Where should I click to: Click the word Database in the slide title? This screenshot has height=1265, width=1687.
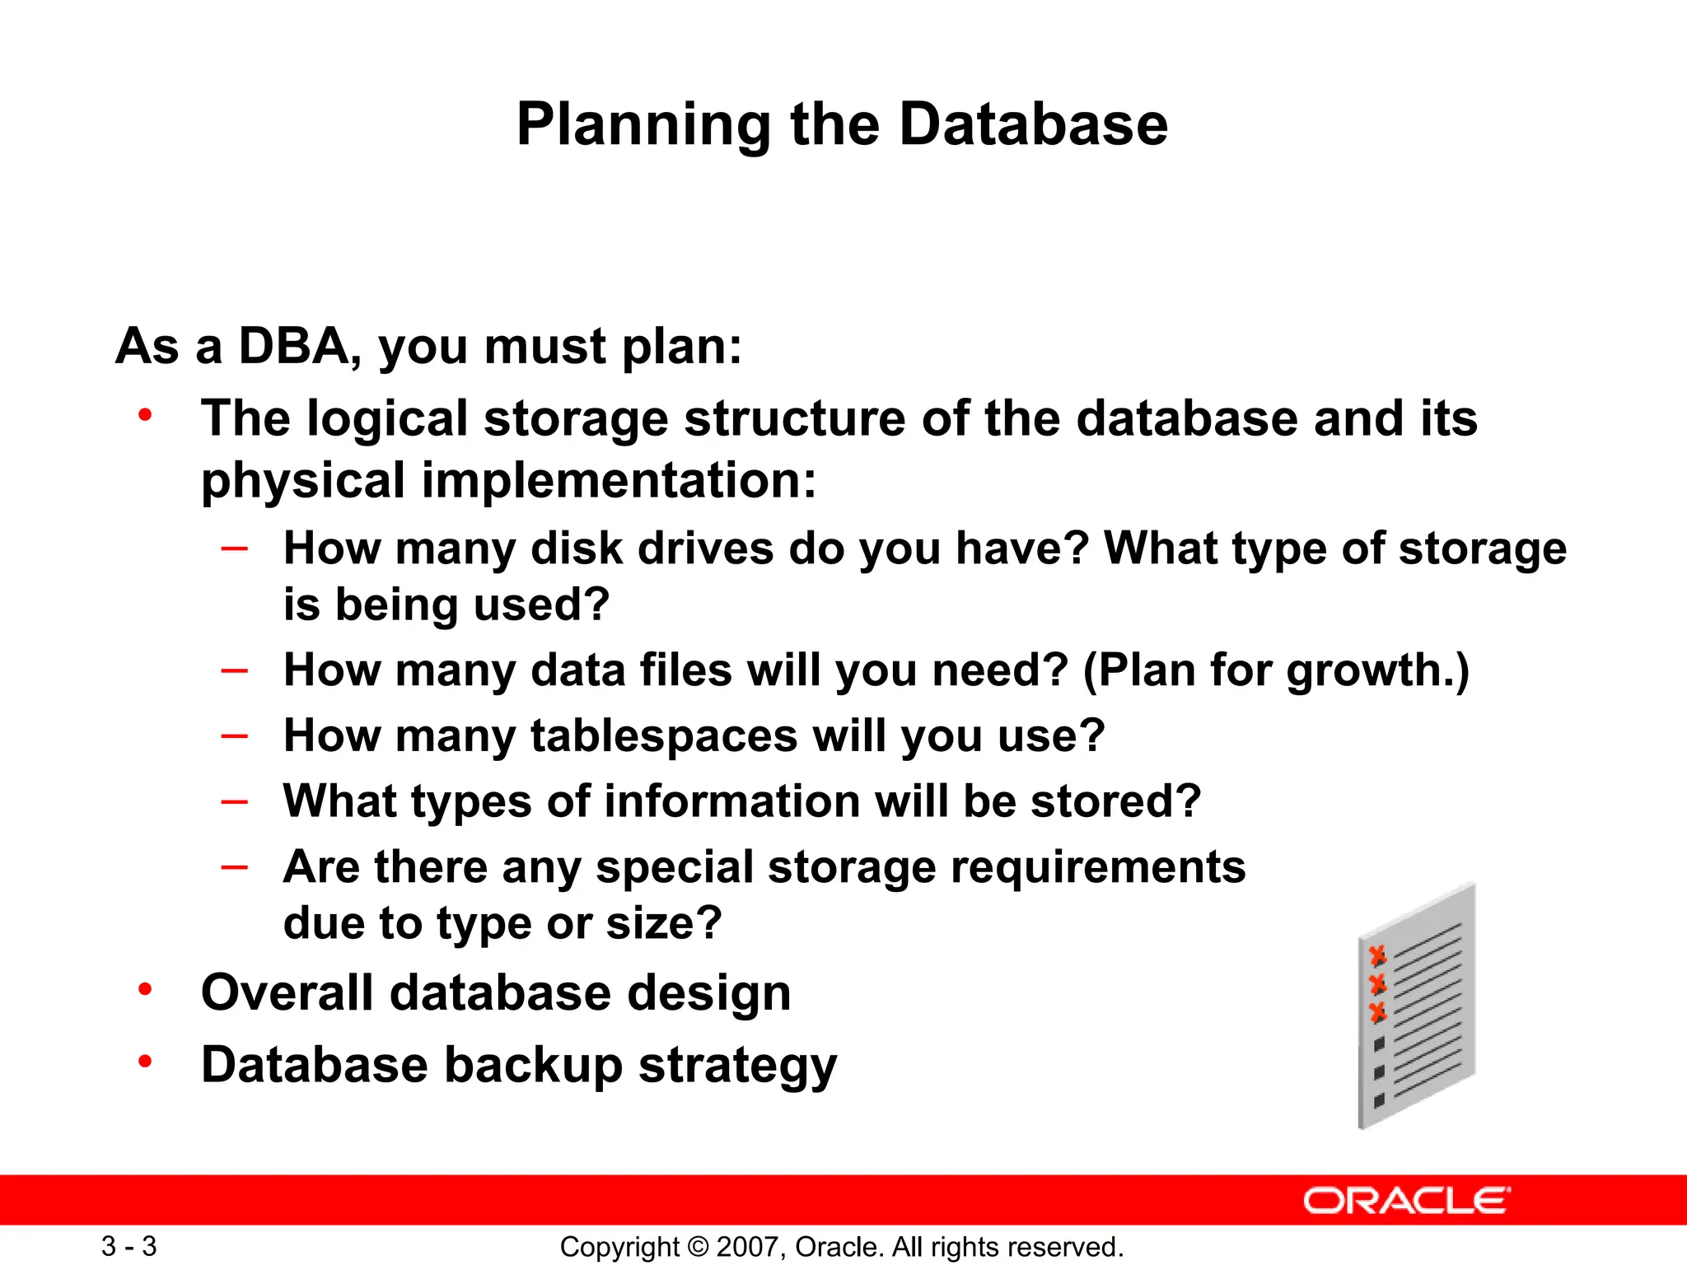pos(1033,125)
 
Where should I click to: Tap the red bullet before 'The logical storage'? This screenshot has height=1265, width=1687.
pos(146,414)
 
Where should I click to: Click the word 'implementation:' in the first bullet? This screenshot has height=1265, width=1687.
pos(619,480)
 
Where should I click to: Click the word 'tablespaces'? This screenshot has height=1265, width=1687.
pos(664,735)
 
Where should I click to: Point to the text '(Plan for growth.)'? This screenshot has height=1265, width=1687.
pos(1276,670)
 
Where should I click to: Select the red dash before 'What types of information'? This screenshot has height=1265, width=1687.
pos(235,801)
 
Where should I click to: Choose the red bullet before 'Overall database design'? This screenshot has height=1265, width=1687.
pos(146,989)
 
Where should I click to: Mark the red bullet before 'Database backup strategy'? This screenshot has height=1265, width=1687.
pos(146,1062)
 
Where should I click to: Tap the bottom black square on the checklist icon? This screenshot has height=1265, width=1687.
pos(1379,1100)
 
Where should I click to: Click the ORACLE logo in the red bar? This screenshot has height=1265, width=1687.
pos(1406,1201)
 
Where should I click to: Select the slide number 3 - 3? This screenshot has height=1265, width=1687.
pos(129,1246)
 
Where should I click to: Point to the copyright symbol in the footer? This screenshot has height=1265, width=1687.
pos(698,1247)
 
